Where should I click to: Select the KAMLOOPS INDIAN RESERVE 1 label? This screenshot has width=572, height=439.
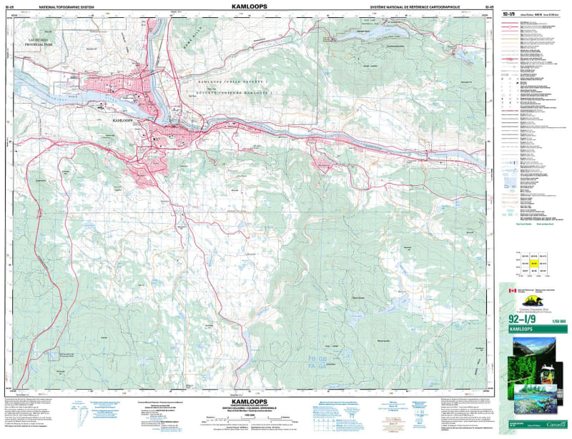point(237,84)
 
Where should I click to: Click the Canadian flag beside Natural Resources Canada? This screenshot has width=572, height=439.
point(512,291)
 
